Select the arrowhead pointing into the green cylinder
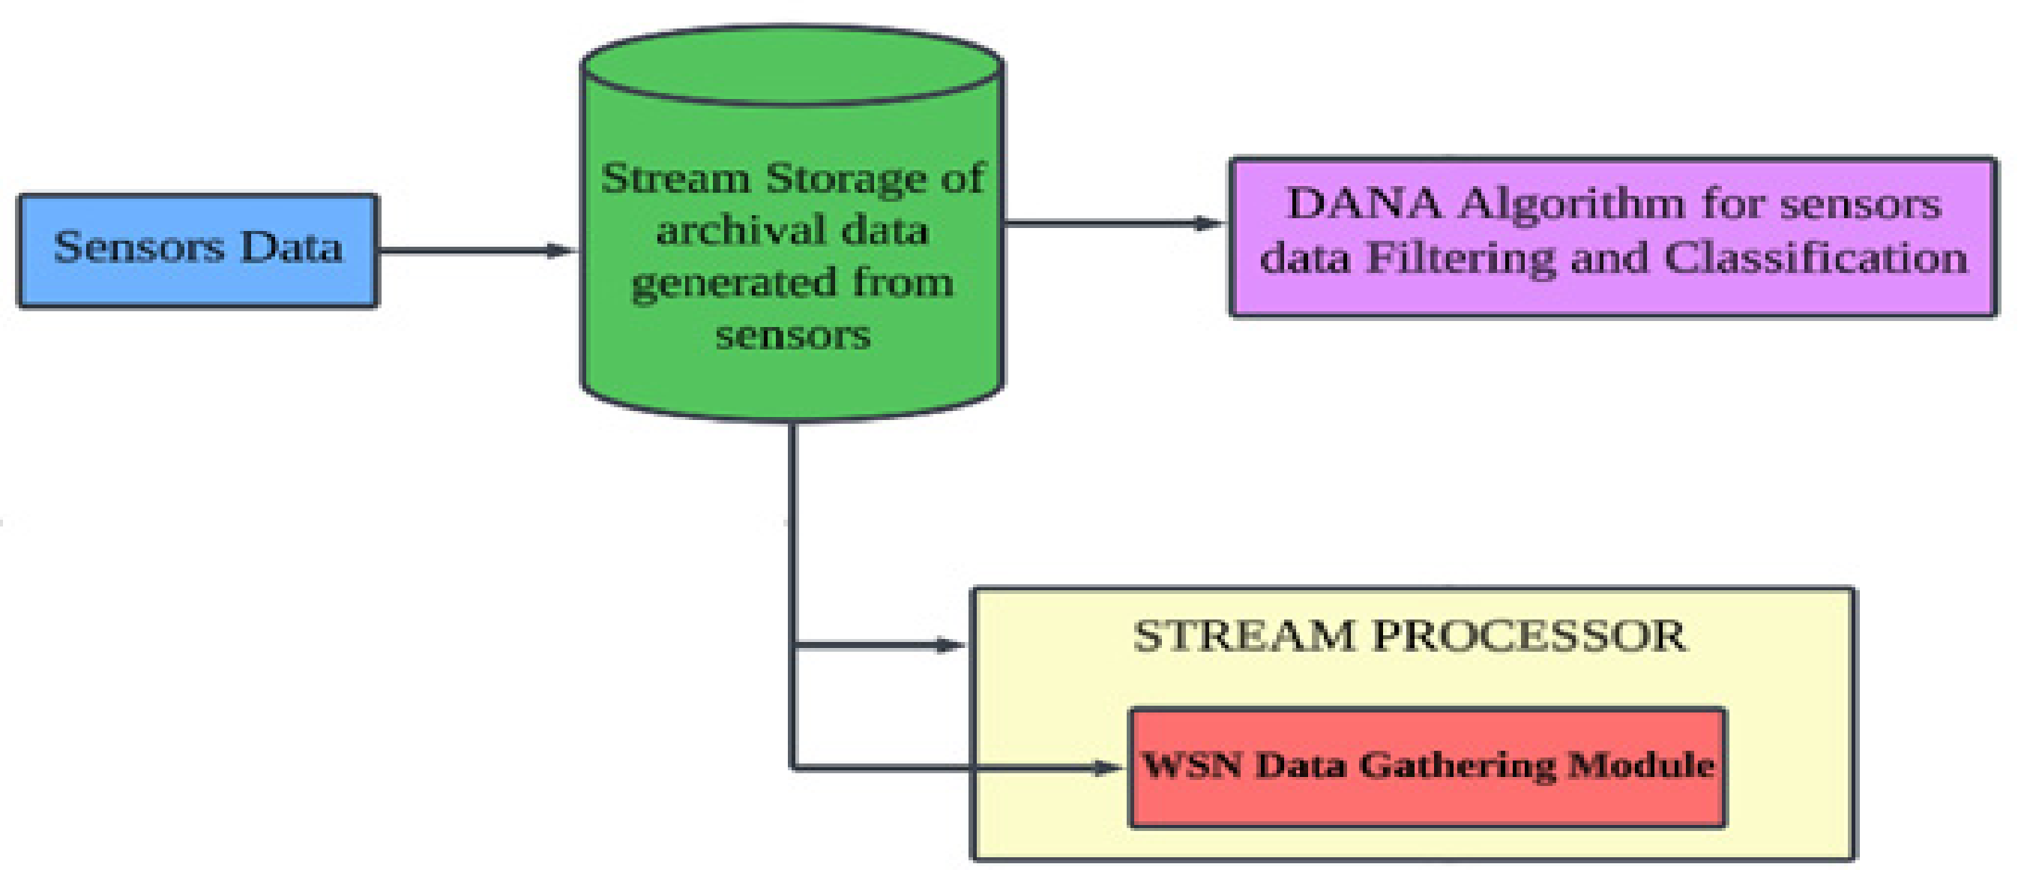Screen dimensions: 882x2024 tap(561, 250)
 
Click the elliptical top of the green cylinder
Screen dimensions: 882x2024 tap(792, 67)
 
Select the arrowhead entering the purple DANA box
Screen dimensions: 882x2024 tap(1209, 223)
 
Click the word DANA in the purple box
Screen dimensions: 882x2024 tap(1365, 205)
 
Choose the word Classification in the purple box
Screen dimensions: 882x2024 tap(1816, 258)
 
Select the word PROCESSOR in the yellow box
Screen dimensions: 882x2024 tap(1529, 636)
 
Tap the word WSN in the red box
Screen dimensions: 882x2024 tap(1192, 765)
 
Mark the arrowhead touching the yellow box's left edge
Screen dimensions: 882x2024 tap(950, 646)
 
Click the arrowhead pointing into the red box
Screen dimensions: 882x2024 tap(1109, 767)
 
